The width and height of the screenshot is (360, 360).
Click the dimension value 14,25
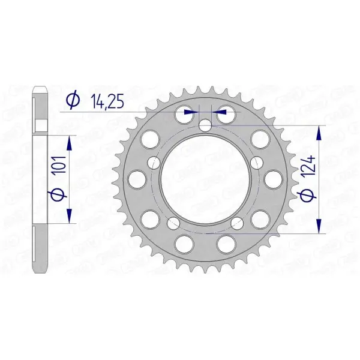tap(107, 101)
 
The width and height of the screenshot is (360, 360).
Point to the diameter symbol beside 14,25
tap(73, 101)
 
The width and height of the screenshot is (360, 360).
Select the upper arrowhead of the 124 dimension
tap(319, 134)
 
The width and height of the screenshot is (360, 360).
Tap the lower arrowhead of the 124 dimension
tap(319, 226)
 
